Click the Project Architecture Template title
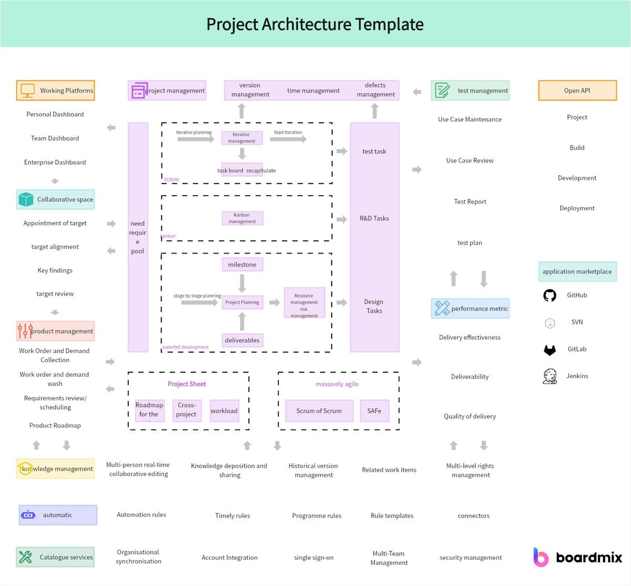[x=314, y=24]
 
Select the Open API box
[x=577, y=90]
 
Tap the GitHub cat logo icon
[x=549, y=295]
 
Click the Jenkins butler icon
[x=549, y=376]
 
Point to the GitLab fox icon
[x=549, y=349]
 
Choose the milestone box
[x=242, y=265]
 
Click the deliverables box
[x=242, y=340]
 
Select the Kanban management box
[x=242, y=218]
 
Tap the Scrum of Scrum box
[x=319, y=411]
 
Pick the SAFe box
[x=374, y=411]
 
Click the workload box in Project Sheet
[x=224, y=411]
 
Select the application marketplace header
[x=577, y=271]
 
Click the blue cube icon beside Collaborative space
[x=26, y=199]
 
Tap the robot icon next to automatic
[x=28, y=515]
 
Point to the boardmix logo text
[x=588, y=558]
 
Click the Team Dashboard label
[x=55, y=138]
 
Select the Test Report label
[x=470, y=201]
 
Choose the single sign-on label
[x=313, y=558]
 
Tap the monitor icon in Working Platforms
[x=27, y=90]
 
